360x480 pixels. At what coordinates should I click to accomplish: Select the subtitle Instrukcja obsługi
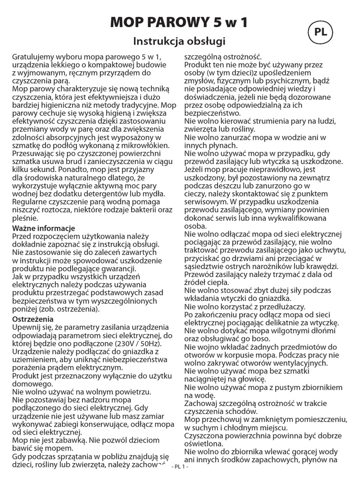(x=180, y=41)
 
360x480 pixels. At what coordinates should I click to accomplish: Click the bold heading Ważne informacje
(x=40, y=228)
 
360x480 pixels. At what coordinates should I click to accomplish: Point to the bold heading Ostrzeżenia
(x=31, y=319)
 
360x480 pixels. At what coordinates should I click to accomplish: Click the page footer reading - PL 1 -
(x=180, y=467)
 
